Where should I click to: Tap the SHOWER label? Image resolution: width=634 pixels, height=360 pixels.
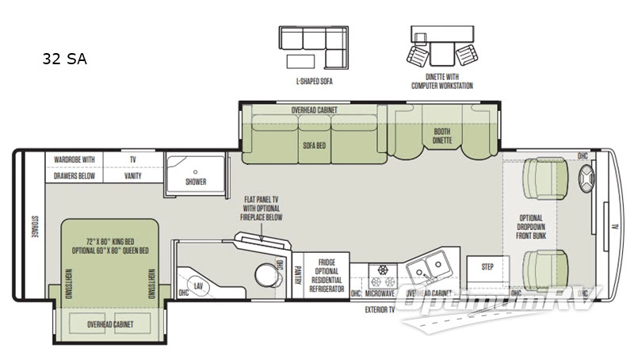click(x=196, y=182)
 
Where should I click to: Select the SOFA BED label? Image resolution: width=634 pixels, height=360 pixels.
click(x=315, y=146)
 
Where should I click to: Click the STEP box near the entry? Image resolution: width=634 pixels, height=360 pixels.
click(x=487, y=267)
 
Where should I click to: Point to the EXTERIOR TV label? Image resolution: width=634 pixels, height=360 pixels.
click(x=380, y=310)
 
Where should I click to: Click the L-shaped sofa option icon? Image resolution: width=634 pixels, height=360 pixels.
click(x=313, y=47)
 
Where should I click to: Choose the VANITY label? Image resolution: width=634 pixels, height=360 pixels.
click(x=132, y=175)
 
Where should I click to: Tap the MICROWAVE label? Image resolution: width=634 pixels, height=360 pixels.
click(x=380, y=293)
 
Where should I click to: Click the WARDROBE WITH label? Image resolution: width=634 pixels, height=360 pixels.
click(x=74, y=159)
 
